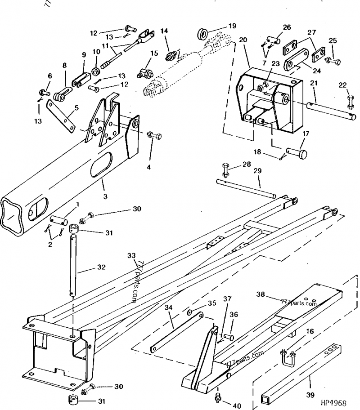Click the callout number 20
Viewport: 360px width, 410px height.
point(243,40)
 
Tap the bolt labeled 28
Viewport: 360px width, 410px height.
point(225,169)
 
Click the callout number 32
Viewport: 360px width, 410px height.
point(101,267)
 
